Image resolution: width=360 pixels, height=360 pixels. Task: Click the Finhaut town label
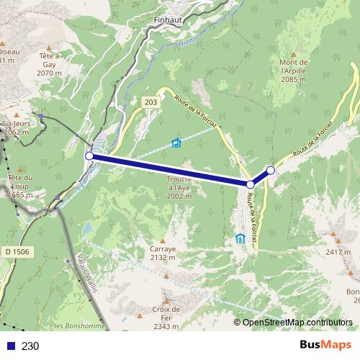(x=168, y=21)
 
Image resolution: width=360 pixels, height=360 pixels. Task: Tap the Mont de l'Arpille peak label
(x=293, y=71)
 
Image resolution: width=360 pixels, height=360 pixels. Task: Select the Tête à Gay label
(x=49, y=64)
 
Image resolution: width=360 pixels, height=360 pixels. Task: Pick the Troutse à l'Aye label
(x=179, y=186)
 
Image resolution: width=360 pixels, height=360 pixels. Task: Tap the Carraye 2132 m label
(x=163, y=252)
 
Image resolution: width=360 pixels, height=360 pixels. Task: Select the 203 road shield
(x=150, y=103)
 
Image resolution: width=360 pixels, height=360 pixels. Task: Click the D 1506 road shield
(x=17, y=251)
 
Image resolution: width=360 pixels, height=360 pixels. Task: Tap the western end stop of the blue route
(x=89, y=156)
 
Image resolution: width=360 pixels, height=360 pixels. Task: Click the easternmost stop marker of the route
(x=271, y=170)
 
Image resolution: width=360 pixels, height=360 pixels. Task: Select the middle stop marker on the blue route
(x=251, y=185)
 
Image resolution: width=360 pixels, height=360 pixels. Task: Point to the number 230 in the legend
(x=30, y=346)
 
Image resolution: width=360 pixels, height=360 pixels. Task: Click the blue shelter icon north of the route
(x=176, y=143)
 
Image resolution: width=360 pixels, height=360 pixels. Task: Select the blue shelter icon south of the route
(x=240, y=238)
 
